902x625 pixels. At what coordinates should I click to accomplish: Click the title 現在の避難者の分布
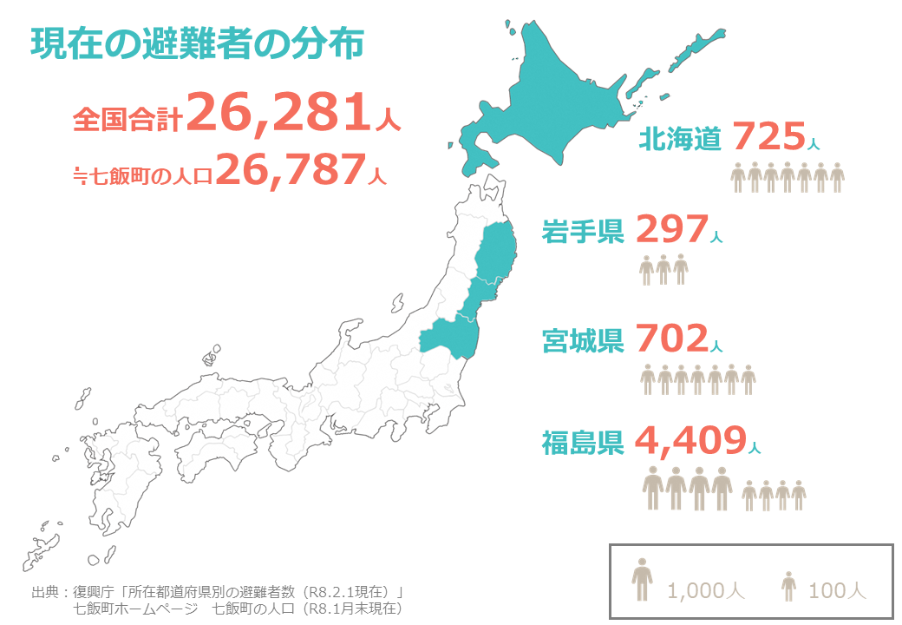197,44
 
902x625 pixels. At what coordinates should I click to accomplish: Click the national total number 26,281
280,114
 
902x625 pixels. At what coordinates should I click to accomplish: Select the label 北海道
680,139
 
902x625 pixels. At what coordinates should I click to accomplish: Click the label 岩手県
583,232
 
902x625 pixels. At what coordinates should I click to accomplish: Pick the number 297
672,229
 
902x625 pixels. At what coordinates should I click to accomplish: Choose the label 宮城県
583,341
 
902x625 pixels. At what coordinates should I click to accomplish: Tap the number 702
672,339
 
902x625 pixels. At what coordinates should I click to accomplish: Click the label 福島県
583,444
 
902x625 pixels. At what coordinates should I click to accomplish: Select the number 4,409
690,441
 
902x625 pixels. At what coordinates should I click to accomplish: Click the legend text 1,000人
706,591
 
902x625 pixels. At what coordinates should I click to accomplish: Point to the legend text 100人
837,591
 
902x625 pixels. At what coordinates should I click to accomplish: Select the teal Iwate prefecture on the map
498,252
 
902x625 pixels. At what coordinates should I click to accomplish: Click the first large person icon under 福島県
654,488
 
